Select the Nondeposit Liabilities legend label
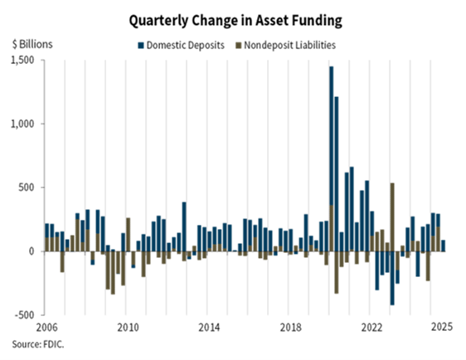[289, 45]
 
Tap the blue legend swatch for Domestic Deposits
[142, 45]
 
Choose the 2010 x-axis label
[127, 327]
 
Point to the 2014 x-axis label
[207, 327]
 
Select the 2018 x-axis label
[288, 327]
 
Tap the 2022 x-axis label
[368, 327]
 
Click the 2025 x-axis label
[439, 327]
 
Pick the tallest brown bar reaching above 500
[392, 216]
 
